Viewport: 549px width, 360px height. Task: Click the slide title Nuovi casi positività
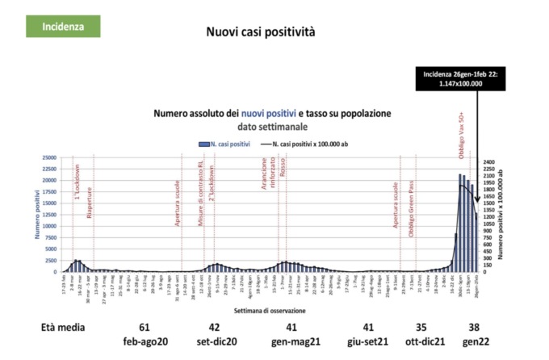pyautogui.click(x=261, y=33)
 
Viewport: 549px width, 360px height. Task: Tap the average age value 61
pyautogui.click(x=144, y=329)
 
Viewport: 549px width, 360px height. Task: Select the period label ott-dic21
pyautogui.click(x=421, y=342)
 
